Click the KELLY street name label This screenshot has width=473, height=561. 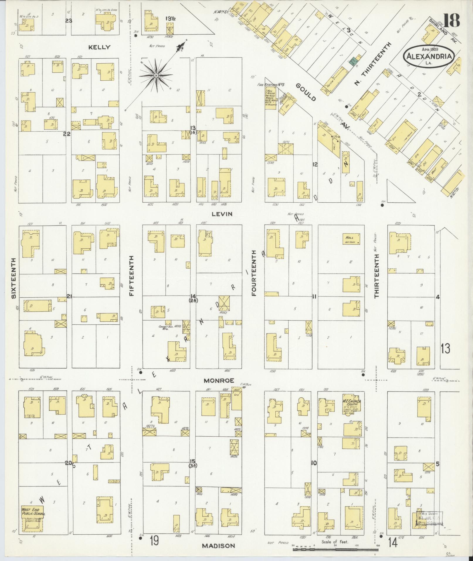100,47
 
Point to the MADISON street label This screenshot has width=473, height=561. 219,546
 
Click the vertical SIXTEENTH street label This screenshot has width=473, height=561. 13,279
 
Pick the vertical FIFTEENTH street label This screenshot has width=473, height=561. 131,276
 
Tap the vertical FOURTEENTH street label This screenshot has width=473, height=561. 254,273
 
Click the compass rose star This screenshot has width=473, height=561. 156,76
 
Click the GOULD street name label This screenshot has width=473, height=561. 306,92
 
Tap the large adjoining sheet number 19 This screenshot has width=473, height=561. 154,540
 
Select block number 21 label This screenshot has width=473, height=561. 69,297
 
